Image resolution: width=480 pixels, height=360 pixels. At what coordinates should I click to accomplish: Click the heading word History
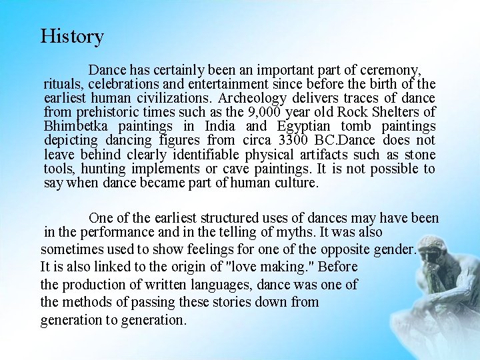click(x=72, y=36)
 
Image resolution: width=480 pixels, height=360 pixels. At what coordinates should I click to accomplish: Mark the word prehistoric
click(x=106, y=112)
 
